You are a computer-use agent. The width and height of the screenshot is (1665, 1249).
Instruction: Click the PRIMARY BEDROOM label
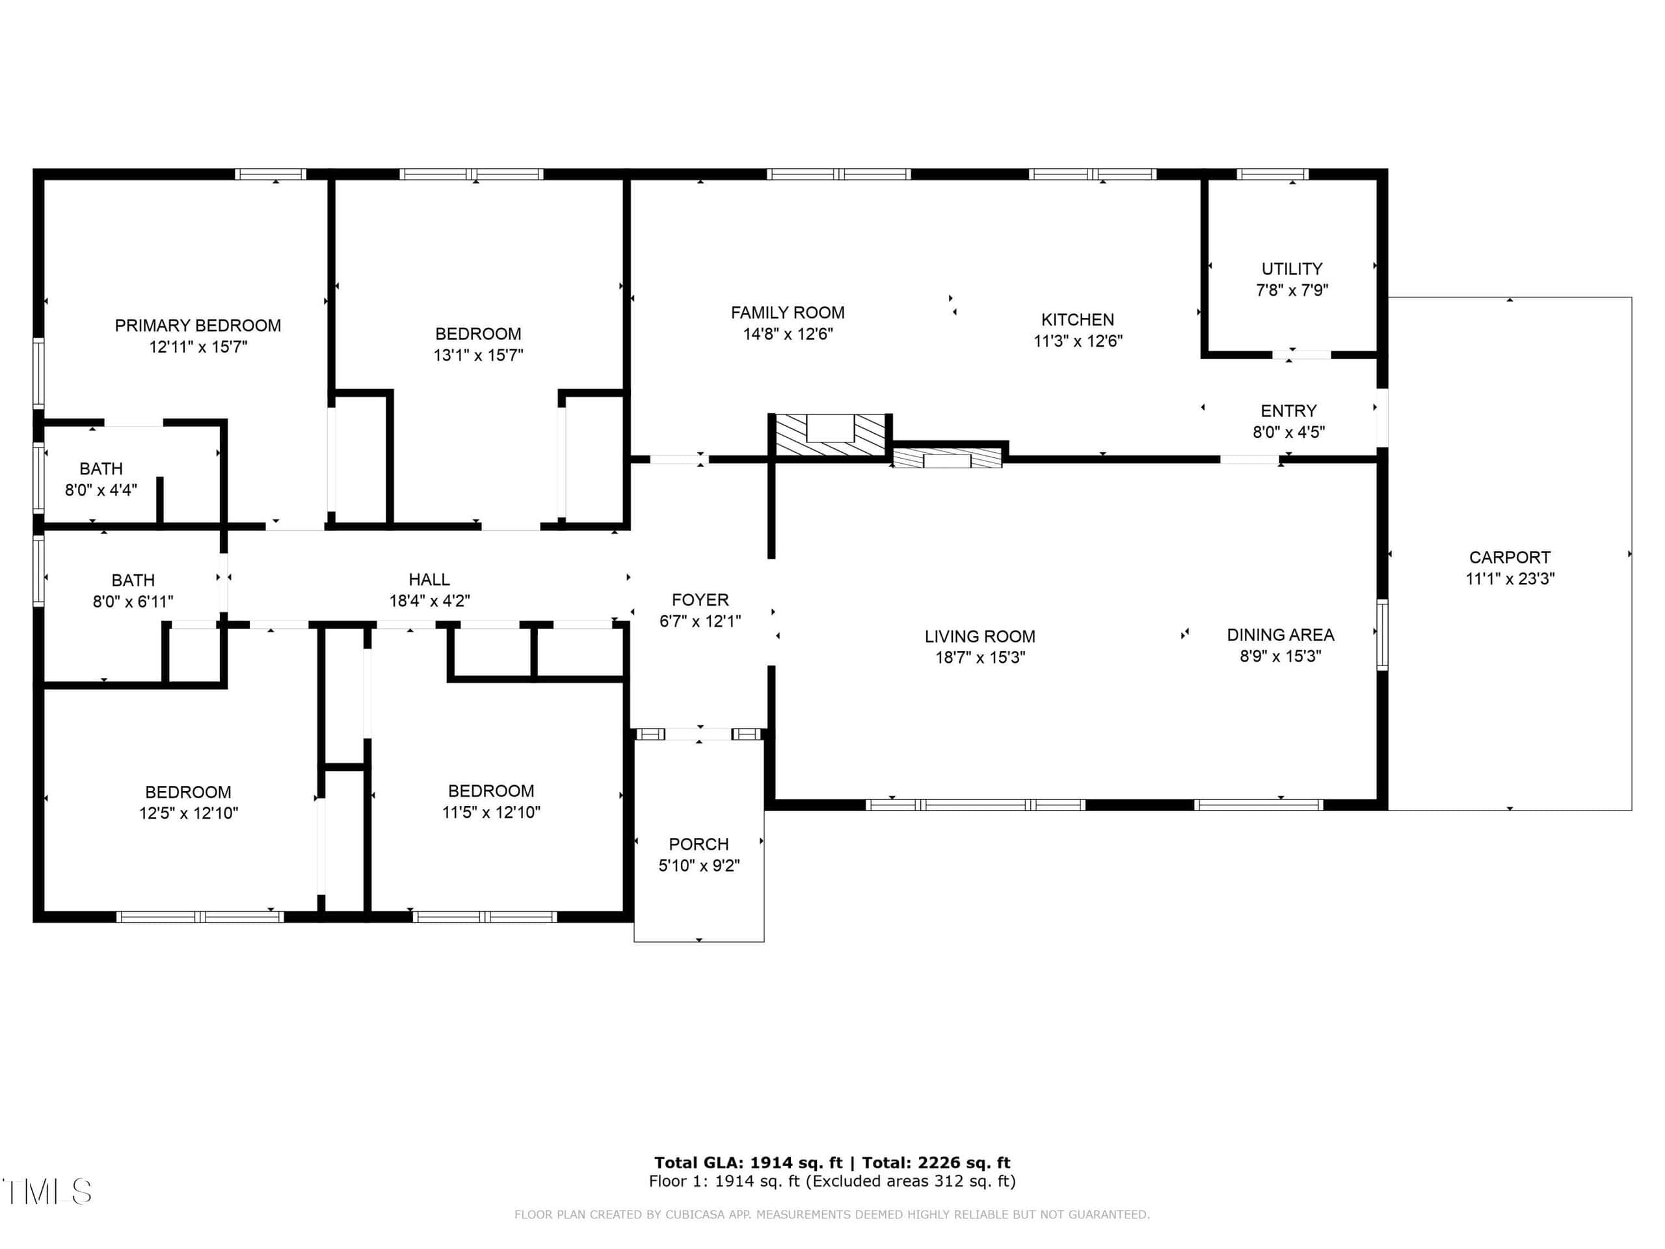(198, 325)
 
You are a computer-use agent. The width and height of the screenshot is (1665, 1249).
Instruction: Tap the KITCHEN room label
(1077, 319)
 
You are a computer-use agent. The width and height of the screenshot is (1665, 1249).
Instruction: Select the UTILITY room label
(1292, 269)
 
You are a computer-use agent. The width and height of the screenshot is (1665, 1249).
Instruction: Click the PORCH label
(699, 844)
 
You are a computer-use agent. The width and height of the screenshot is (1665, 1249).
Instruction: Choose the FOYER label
(700, 600)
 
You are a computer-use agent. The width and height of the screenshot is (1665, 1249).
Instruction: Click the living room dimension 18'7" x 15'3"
(980, 657)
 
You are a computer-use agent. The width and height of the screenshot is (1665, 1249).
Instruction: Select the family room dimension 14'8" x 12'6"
(788, 334)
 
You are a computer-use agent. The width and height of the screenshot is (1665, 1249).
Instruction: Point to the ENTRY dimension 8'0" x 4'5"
(1288, 432)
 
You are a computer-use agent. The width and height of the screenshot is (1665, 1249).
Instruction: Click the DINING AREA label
(1281, 635)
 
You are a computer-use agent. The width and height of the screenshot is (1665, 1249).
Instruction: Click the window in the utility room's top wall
(1273, 174)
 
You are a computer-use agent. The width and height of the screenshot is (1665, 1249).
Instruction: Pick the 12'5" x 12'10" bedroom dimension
(188, 813)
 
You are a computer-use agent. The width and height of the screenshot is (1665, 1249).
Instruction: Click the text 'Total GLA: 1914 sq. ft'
(748, 1162)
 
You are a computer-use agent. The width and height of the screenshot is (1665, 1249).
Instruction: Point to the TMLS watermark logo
(47, 1192)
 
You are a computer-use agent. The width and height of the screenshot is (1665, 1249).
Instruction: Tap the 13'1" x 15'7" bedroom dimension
(478, 355)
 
